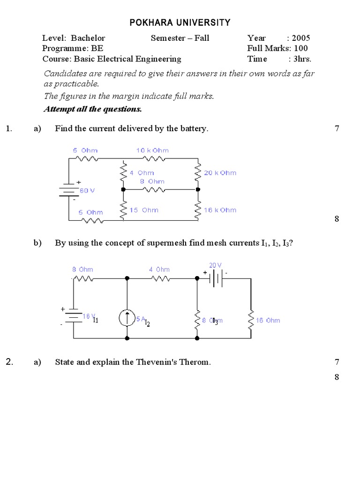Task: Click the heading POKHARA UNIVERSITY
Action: coord(180,22)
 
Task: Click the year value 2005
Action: coord(301,38)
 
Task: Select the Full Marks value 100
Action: coord(301,48)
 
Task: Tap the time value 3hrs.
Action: coord(302,59)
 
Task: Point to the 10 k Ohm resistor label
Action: coord(152,150)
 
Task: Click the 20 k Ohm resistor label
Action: coord(220,173)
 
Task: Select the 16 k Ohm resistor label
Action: coord(220,210)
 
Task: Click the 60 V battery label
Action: coord(87,191)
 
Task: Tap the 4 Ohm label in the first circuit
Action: coord(142,173)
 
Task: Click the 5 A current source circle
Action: coord(127,319)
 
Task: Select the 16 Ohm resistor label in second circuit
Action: coord(268,321)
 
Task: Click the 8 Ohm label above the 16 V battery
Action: coord(82,270)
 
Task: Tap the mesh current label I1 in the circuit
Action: coord(95,321)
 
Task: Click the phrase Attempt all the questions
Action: coord(92,109)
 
